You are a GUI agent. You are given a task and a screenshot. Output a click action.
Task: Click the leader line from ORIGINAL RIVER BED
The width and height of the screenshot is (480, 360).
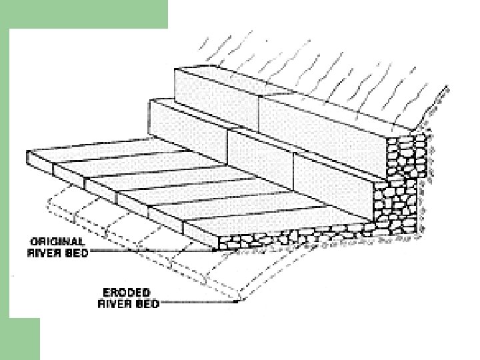coord(153,251)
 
